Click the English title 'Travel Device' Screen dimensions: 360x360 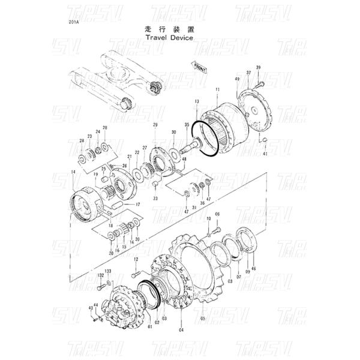point(169,37)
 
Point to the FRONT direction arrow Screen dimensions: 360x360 point(199,66)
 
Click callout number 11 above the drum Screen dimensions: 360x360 point(217,89)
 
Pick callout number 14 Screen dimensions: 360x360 point(73,172)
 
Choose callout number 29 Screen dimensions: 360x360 point(155,125)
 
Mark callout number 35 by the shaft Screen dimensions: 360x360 point(187,125)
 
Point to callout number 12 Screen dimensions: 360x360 point(136,259)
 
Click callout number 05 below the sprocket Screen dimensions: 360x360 point(203,319)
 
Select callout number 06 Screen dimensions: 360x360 point(217,214)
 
